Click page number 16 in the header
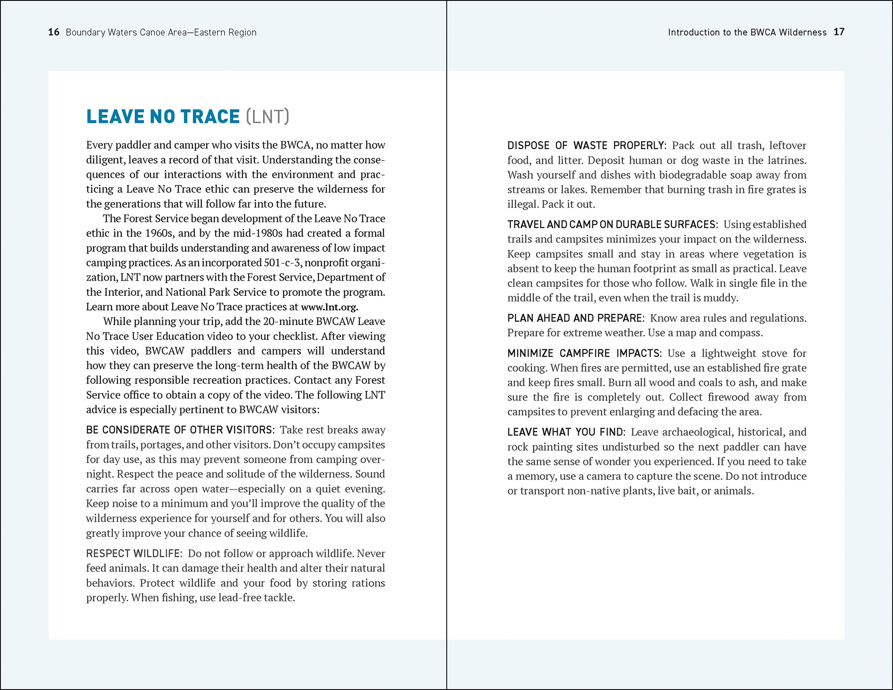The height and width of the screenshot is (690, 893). pos(53,32)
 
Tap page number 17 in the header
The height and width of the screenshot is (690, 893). pos(839,32)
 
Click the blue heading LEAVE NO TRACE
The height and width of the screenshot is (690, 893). pos(163,117)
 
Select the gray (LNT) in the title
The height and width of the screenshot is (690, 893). pos(267,117)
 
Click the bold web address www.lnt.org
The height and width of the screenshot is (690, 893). pos(329,307)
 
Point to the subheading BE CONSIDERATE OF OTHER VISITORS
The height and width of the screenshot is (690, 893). pos(180,430)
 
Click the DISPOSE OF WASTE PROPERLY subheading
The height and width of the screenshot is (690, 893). pos(586,145)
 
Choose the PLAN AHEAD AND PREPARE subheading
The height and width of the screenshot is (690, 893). pos(576,318)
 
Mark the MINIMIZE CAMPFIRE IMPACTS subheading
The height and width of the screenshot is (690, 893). pos(584,354)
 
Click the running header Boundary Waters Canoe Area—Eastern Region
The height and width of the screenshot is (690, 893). pos(161,32)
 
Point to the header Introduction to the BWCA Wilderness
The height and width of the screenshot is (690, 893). pos(747,32)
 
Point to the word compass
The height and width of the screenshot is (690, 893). pos(743,333)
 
